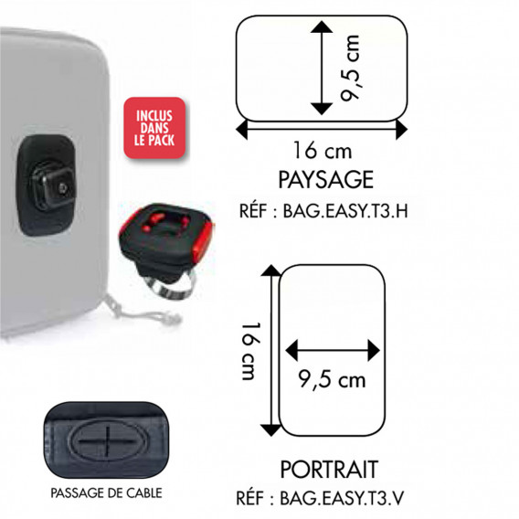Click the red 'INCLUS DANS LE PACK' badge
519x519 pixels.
click(x=154, y=128)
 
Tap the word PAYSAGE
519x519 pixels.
click(x=325, y=180)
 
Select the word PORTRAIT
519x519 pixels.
click(x=329, y=470)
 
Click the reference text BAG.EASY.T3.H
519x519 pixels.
click(x=345, y=211)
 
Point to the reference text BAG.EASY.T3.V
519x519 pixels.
click(x=342, y=498)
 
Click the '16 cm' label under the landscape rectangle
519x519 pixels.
click(x=323, y=151)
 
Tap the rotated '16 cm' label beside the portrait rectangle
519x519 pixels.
click(x=251, y=351)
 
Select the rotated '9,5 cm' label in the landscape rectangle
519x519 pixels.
click(x=350, y=68)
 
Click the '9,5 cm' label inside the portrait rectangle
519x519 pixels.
click(x=332, y=379)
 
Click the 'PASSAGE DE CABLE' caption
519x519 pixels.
click(x=106, y=493)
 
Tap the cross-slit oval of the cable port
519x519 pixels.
click(x=107, y=440)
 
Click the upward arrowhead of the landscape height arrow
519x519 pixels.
click(x=322, y=27)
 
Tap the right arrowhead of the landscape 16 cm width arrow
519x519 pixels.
click(x=401, y=129)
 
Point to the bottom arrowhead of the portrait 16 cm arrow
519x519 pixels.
click(x=271, y=430)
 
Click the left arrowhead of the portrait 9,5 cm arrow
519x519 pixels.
click(x=291, y=350)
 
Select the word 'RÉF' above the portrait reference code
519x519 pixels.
click(x=251, y=498)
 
